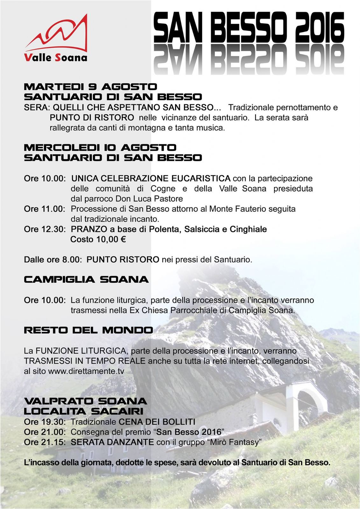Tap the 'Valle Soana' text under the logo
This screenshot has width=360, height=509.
55,58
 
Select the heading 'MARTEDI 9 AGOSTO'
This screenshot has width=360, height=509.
90,87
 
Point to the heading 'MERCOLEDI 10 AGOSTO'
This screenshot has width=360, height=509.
100,147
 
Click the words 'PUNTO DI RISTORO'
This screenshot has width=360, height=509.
92,117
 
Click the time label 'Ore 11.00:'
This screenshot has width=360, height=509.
45,209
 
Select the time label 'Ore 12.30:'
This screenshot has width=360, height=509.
45,229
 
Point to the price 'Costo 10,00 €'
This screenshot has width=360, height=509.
98,240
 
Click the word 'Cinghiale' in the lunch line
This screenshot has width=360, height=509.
248,229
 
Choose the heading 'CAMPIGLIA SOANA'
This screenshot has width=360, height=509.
86,280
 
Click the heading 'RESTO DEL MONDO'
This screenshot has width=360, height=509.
88,330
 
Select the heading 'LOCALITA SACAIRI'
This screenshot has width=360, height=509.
83,411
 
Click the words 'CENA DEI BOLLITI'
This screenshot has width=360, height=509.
157,422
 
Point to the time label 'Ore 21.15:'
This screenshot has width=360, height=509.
45,442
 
